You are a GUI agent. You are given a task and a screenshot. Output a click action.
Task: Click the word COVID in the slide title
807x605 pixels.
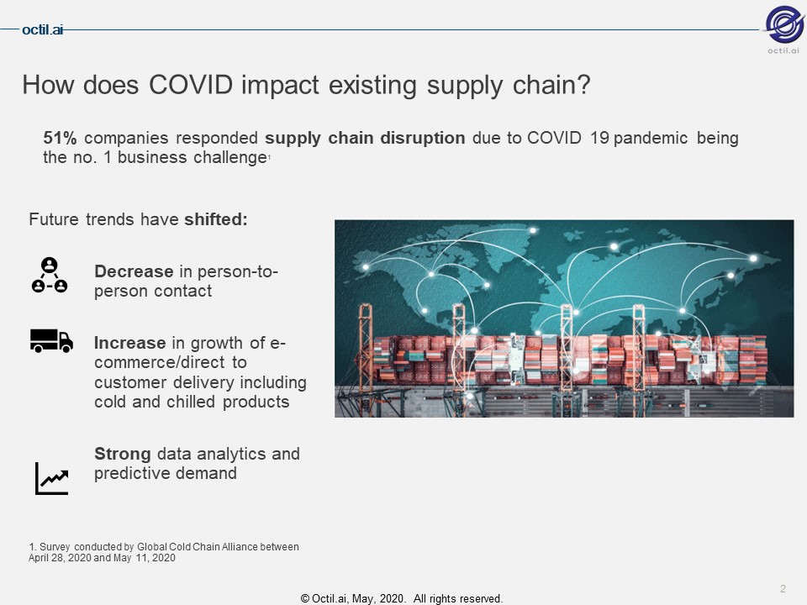[x=191, y=84]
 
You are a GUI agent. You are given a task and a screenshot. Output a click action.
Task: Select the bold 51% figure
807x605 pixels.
[x=60, y=138]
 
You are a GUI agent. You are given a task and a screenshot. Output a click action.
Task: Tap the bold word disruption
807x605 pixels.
[x=423, y=138]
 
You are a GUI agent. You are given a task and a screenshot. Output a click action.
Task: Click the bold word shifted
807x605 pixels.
[x=216, y=219]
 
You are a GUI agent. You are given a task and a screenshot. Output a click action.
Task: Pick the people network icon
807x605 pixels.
[x=50, y=276]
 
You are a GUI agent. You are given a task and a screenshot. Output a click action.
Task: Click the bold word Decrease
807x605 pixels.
[x=134, y=271]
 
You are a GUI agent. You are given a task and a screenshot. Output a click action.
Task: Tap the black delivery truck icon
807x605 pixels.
[x=51, y=341]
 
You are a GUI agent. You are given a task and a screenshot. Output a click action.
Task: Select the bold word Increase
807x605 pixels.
[x=129, y=343]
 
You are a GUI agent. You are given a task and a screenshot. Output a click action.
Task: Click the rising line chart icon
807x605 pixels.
[x=51, y=478]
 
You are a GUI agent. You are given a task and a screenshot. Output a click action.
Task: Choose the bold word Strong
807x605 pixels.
[x=123, y=454]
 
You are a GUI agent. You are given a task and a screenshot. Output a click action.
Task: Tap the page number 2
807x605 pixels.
[x=783, y=588]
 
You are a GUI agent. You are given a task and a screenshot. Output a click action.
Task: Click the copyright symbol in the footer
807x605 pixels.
[x=304, y=599]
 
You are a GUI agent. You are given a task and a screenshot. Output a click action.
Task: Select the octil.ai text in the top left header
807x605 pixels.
[x=42, y=30]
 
